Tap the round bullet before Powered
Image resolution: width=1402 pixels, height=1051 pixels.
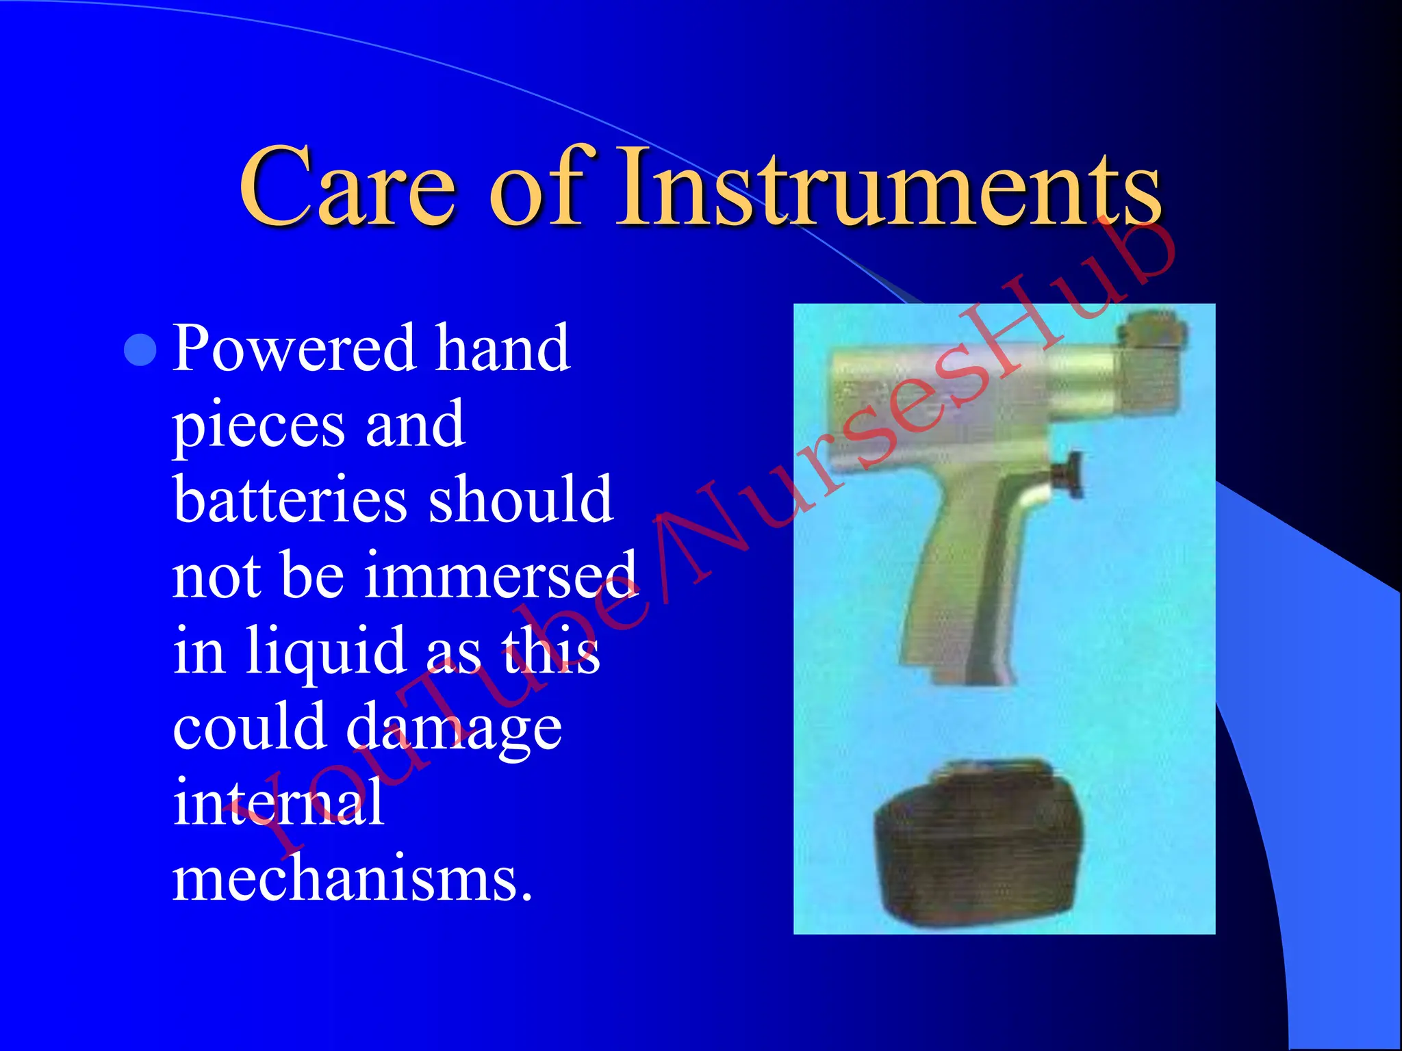[x=141, y=350]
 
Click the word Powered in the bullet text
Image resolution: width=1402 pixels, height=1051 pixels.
[x=294, y=349]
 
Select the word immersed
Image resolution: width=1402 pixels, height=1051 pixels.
[x=500, y=575]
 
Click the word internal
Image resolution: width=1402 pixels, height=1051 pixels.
[x=278, y=802]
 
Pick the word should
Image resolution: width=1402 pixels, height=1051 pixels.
[x=520, y=499]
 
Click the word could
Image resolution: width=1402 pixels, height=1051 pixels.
[x=249, y=727]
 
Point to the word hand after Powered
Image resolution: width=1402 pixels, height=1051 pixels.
[x=502, y=349]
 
